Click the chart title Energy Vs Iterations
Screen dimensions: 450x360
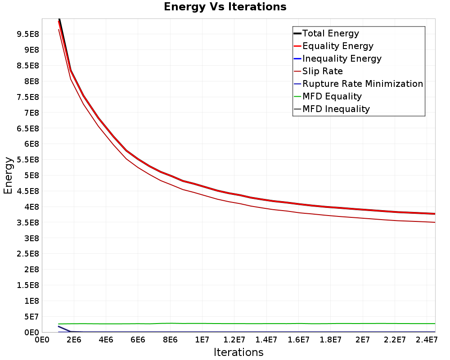pyautogui.click(x=225, y=7)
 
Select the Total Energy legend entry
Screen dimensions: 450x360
pyautogui.click(x=326, y=33)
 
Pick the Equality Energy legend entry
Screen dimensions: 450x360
pyautogui.click(x=333, y=46)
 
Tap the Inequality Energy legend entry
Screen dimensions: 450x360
pyautogui.click(x=337, y=58)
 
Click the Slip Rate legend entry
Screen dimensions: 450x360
pyautogui.click(x=318, y=71)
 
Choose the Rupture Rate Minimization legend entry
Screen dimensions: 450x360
pyautogui.click(x=359, y=84)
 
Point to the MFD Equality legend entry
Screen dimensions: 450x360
pyautogui.click(x=328, y=96)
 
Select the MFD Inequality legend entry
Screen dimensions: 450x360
pyautogui.click(x=332, y=109)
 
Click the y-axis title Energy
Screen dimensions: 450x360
pyautogui.click(x=8, y=175)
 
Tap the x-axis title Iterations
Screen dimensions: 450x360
pyautogui.click(x=238, y=352)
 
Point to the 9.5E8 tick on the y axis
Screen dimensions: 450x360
pyautogui.click(x=28, y=34)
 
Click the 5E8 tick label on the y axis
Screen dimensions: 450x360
pyautogui.click(x=31, y=175)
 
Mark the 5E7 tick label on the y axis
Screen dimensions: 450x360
pyautogui.click(x=31, y=317)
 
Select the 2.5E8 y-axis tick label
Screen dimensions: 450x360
pyautogui.click(x=28, y=254)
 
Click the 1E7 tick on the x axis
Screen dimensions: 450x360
pyautogui.click(x=202, y=340)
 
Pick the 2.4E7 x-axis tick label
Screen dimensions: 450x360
pyautogui.click(x=427, y=340)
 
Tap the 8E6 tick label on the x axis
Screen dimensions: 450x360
pyautogui.click(x=170, y=340)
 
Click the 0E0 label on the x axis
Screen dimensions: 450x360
pyautogui.click(x=42, y=340)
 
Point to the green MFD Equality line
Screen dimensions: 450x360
pyautogui.click(x=247, y=324)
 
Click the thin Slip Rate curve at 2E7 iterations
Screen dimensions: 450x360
pyautogui.click(x=362, y=218)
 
